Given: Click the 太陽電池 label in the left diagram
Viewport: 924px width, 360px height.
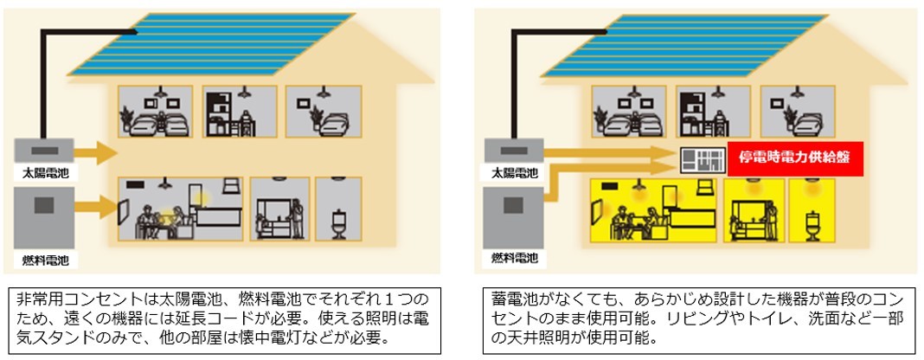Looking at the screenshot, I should click(45, 172).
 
